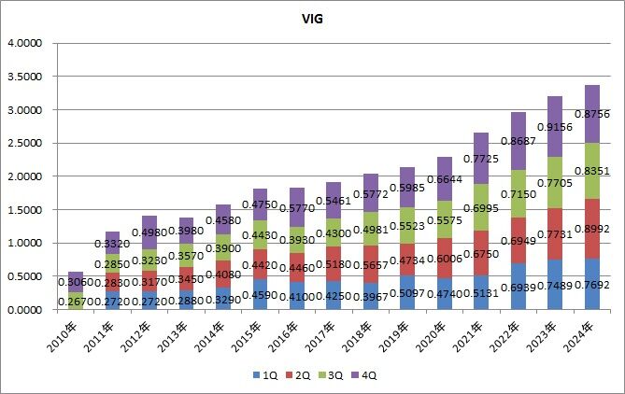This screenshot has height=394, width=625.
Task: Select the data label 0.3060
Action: [x=75, y=282]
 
